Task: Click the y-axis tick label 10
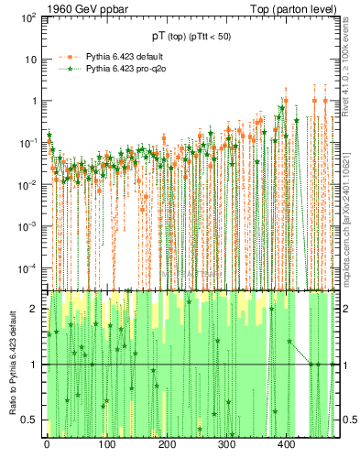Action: (31, 60)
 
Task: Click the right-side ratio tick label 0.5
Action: (347, 420)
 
